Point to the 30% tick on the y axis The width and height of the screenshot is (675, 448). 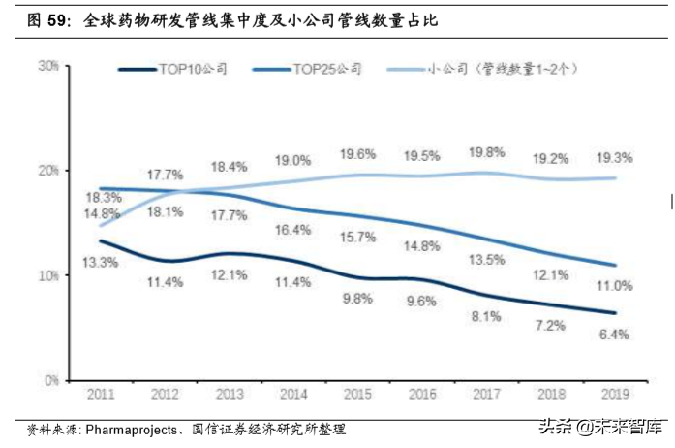[x=47, y=66]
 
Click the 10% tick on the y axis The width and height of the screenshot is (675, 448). [x=47, y=276]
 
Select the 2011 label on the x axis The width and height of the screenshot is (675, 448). [x=100, y=395]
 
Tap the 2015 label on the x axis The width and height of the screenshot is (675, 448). [x=358, y=395]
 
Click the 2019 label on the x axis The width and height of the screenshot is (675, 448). [x=616, y=395]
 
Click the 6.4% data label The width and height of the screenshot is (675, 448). [x=615, y=335]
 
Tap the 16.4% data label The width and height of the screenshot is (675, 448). [x=293, y=230]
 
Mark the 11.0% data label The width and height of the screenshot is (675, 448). [x=615, y=286]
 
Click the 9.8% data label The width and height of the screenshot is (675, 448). [x=357, y=299]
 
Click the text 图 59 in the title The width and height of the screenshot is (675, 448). [x=46, y=18]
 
